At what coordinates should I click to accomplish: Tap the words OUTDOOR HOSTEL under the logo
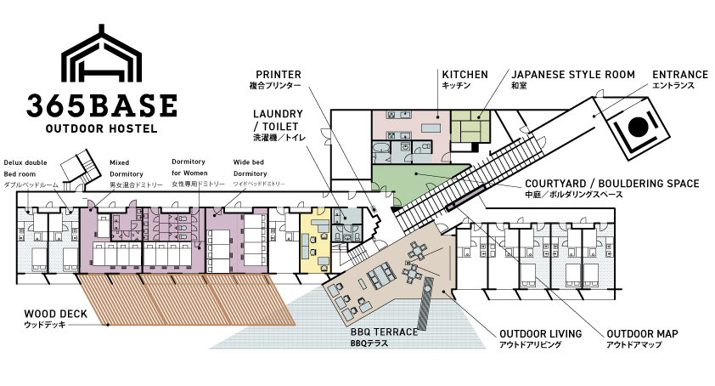[102, 128]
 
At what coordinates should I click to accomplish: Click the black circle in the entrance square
[638, 127]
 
